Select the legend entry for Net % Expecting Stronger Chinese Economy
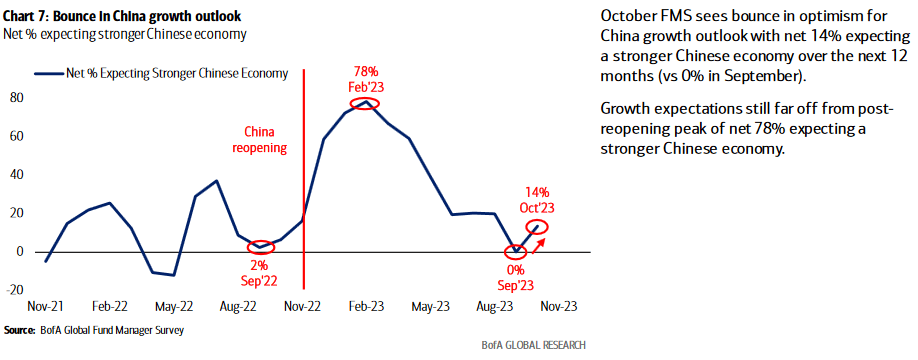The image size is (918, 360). tap(175, 73)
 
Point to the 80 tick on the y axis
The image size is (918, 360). tap(16, 98)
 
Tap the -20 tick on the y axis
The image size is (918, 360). tap(14, 290)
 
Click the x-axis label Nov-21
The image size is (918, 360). tap(46, 308)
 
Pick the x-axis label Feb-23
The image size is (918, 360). tap(366, 308)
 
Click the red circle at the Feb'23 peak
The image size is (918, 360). tap(367, 103)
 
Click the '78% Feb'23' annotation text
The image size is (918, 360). tap(368, 79)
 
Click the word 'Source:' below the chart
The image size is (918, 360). tap(20, 329)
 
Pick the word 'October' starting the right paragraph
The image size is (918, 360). tap(628, 18)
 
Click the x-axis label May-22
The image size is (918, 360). tap(174, 308)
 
